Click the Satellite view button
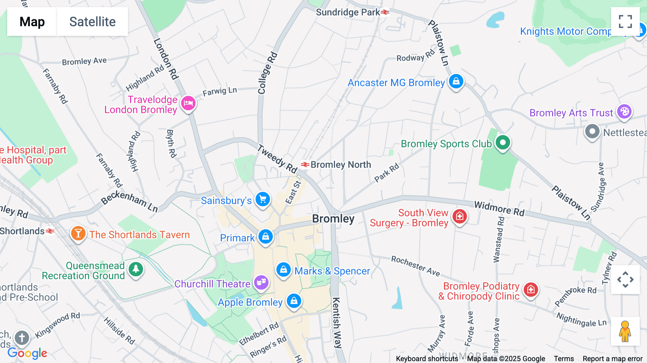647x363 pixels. [x=92, y=22]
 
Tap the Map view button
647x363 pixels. [x=32, y=22]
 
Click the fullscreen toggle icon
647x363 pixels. [x=625, y=22]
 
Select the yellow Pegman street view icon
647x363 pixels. [x=625, y=331]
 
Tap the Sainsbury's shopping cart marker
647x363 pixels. [x=263, y=199]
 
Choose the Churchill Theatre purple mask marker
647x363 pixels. [x=261, y=282]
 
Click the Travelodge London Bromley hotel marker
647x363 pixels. [x=188, y=104]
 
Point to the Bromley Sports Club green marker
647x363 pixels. [x=503, y=143]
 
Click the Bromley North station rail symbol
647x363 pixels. [x=305, y=165]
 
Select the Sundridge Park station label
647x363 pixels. [x=348, y=12]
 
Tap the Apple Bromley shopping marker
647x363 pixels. [x=294, y=300]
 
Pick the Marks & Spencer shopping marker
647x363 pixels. [x=283, y=270]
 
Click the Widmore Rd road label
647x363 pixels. [x=499, y=208]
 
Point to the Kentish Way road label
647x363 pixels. [x=336, y=322]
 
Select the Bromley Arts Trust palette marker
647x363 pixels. [x=624, y=111]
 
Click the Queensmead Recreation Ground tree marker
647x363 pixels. [x=136, y=269]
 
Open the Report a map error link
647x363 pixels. [x=612, y=359]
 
